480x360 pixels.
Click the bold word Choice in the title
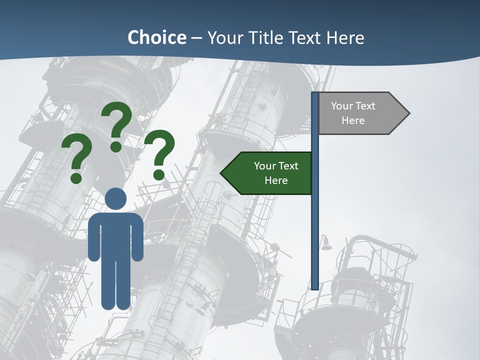click(156, 38)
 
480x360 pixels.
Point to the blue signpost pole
click(315, 210)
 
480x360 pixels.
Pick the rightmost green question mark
click(159, 152)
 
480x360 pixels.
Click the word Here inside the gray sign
click(353, 120)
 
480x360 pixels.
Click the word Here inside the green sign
click(276, 180)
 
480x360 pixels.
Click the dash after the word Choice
click(196, 38)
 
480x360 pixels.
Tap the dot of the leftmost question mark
click(76, 178)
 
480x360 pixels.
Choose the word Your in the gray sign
click(342, 106)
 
